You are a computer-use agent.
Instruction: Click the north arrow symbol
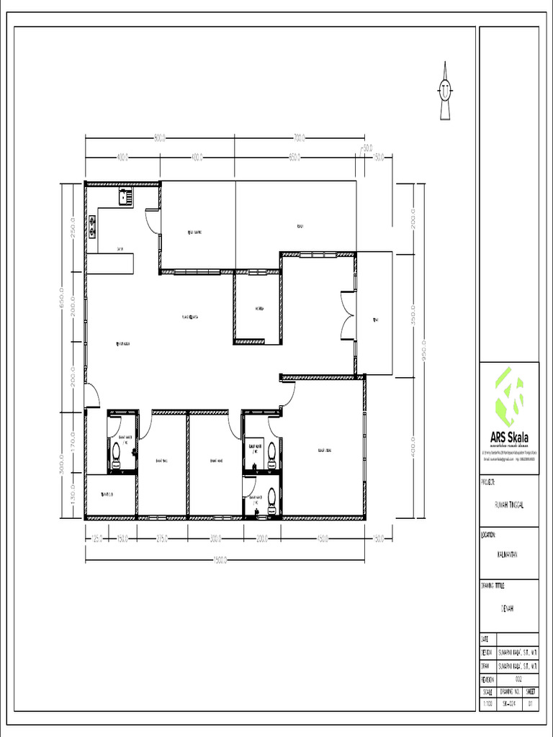pyautogui.click(x=445, y=91)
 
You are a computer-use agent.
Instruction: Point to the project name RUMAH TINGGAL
pyautogui.click(x=508, y=505)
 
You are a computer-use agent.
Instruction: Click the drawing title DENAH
pyautogui.click(x=508, y=608)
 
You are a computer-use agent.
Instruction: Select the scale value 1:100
pyautogui.click(x=487, y=702)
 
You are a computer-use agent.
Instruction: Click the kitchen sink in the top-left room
pyautogui.click(x=125, y=196)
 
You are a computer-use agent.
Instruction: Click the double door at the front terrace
pyautogui.click(x=348, y=314)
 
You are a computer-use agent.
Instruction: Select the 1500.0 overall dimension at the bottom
pyautogui.click(x=226, y=561)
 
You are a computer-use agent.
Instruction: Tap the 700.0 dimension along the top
pyautogui.click(x=300, y=138)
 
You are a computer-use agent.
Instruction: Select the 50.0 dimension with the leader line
pyautogui.click(x=367, y=148)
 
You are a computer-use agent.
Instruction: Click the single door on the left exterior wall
pyautogui.click(x=91, y=395)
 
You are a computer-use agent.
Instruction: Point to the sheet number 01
pyautogui.click(x=531, y=702)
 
